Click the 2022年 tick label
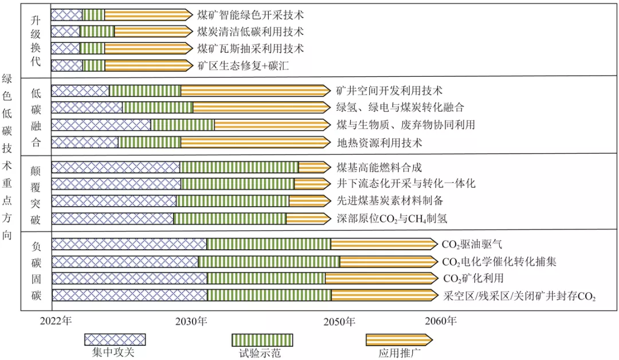56,322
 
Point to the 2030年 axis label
191,322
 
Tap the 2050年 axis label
340,322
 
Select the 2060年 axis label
441,322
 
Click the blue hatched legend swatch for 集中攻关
115,340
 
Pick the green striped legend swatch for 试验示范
262,340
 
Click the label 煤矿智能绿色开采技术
250,14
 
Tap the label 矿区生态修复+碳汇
242,66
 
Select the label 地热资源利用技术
379,142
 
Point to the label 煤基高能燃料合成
379,167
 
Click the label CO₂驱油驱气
472,244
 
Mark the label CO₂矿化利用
473,279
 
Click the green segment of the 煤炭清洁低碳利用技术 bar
97,32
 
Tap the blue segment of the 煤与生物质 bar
101,125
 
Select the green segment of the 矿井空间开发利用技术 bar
145,91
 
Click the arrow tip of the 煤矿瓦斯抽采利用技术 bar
189,49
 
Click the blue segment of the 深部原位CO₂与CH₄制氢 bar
112,218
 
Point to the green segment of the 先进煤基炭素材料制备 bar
232,201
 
